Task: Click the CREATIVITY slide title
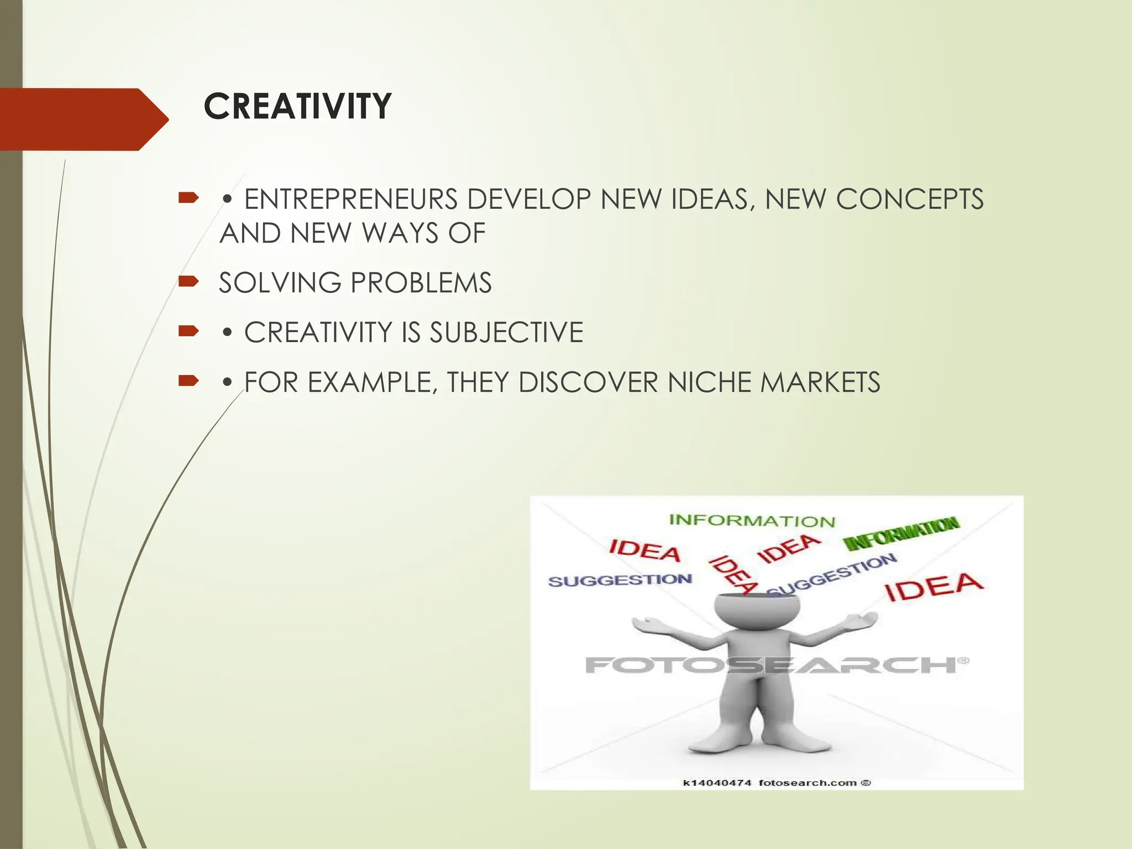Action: coord(297,106)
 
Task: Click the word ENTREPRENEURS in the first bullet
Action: coord(350,200)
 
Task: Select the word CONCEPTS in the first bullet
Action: coord(909,200)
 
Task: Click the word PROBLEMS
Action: coord(421,283)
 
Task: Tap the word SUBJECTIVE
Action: coord(506,333)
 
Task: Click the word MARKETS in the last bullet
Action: coord(820,382)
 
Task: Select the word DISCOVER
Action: coord(588,382)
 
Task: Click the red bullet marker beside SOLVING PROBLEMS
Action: coord(188,282)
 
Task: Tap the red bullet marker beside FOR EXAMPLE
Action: coord(188,381)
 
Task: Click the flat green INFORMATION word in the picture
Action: coord(752,521)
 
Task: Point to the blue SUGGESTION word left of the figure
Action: coord(620,580)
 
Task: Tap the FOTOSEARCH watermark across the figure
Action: coord(774,664)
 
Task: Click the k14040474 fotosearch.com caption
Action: coord(777,782)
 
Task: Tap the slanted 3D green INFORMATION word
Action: coord(901,533)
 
